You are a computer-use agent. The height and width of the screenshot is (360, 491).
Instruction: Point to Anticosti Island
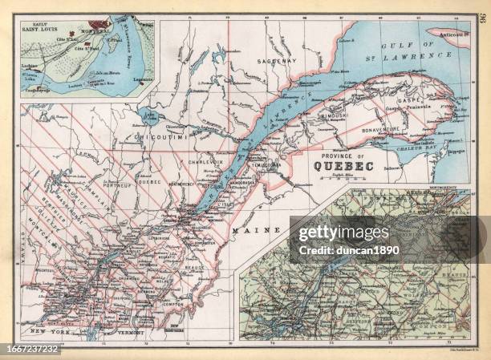coord(454,35)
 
